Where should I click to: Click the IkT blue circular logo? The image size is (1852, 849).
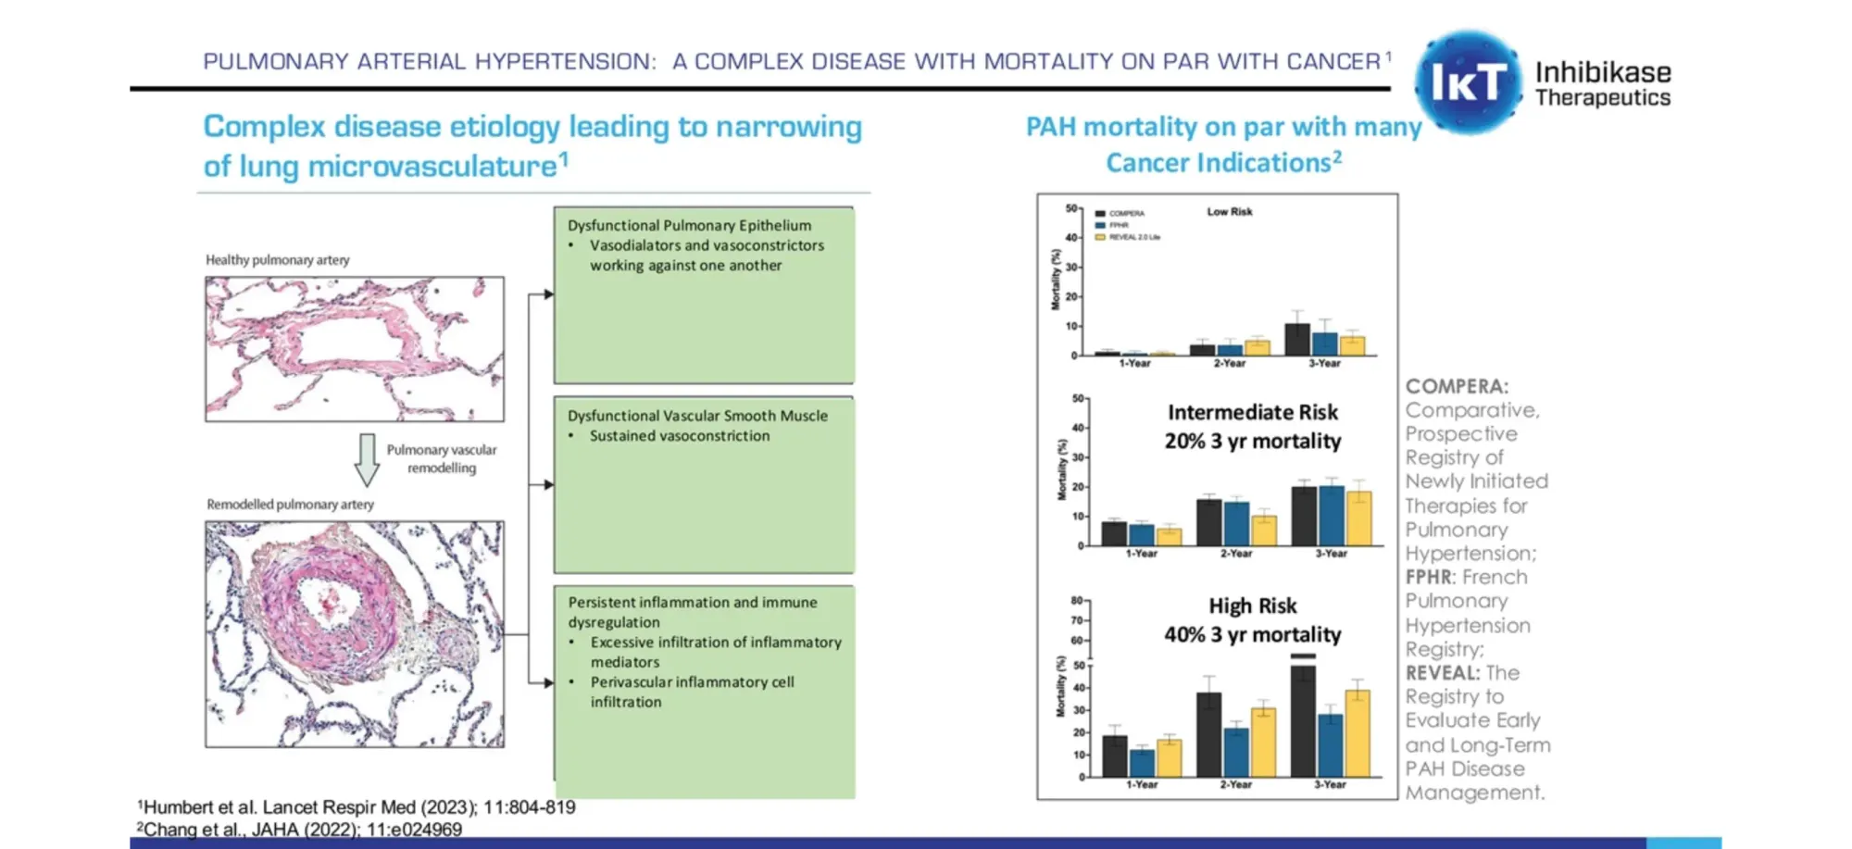(1468, 82)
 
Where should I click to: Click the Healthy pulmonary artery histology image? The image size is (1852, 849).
(355, 349)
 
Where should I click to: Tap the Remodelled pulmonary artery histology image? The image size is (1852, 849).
(355, 634)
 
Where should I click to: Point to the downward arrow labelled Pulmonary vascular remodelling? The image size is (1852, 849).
(368, 459)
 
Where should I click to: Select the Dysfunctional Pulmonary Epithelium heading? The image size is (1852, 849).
(689, 225)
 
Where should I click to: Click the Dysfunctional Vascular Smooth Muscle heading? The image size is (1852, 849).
(697, 416)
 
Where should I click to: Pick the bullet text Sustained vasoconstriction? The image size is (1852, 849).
(679, 436)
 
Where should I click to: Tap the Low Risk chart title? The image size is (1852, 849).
(1229, 212)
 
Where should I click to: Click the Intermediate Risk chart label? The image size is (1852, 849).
(1252, 412)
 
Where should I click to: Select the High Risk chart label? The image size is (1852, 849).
(1252, 606)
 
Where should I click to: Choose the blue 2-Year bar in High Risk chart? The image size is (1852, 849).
(1236, 752)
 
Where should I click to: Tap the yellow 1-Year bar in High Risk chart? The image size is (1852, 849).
(1169, 757)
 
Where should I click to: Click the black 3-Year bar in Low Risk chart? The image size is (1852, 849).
(1297, 340)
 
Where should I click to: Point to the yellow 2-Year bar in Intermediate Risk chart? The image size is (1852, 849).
(1264, 531)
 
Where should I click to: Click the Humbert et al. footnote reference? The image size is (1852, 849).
(357, 807)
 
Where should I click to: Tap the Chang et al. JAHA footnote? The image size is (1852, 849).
(300, 830)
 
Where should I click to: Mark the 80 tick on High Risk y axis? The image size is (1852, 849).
(1077, 600)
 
